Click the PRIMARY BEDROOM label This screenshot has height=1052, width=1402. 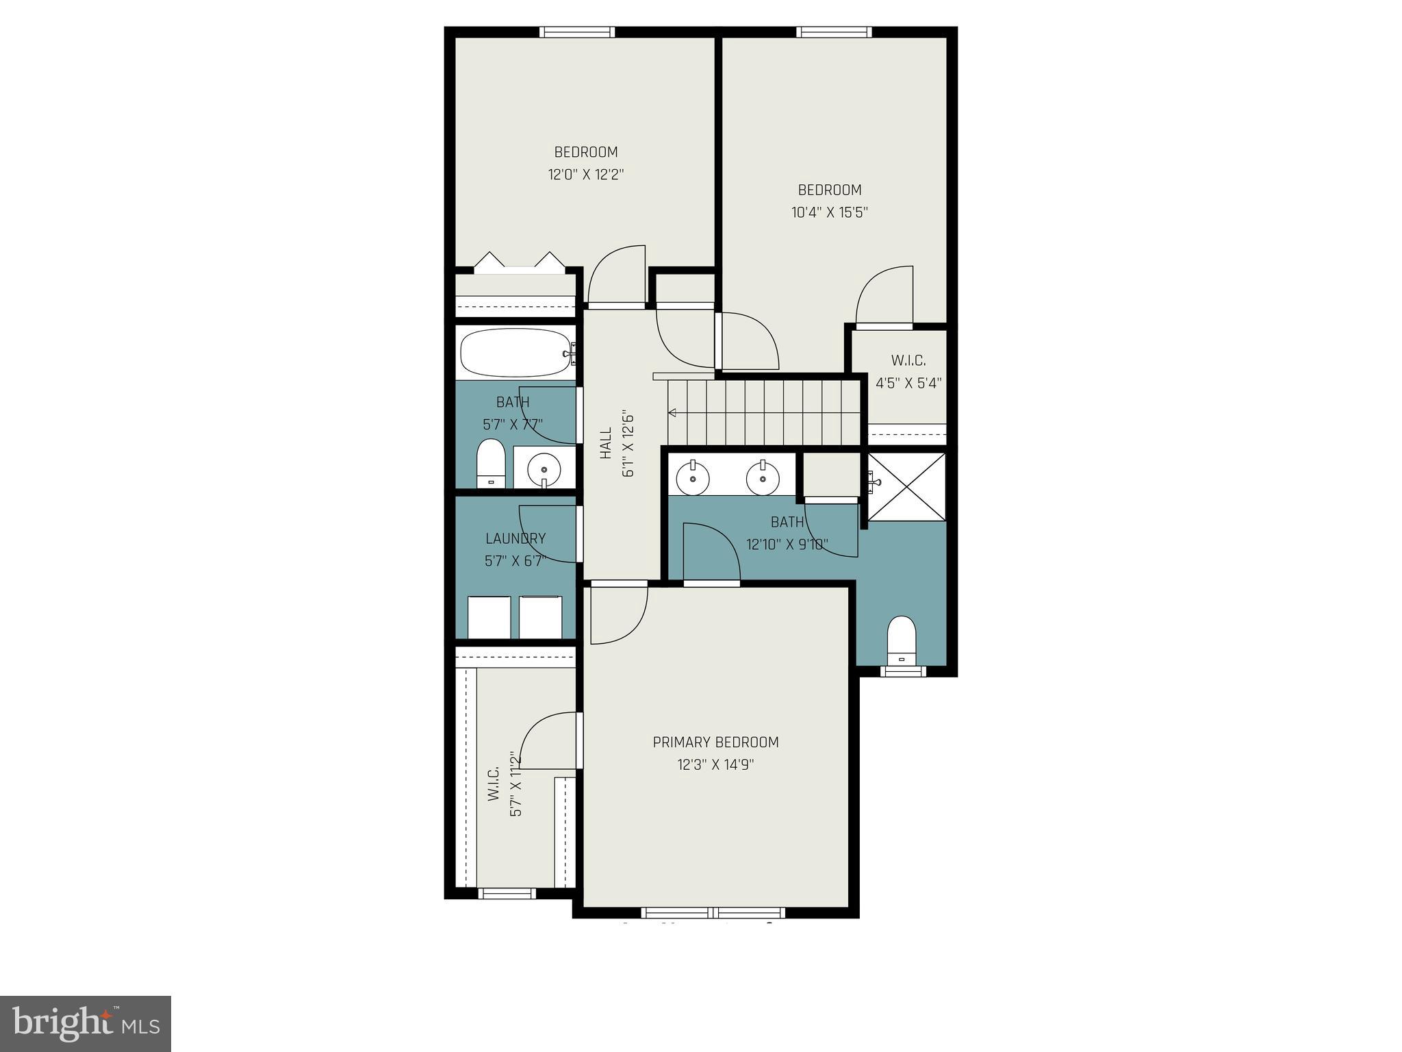715,742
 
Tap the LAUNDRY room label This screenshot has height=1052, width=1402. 515,539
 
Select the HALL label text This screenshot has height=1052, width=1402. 606,443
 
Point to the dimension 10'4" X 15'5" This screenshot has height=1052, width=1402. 830,212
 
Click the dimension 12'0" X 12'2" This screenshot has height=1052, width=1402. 586,175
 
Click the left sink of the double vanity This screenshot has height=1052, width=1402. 693,477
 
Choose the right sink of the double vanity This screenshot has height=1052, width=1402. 762,477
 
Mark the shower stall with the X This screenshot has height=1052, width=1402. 906,486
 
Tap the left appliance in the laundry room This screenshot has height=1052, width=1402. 489,617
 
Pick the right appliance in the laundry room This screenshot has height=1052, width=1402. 541,617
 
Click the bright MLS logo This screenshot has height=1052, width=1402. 86,1023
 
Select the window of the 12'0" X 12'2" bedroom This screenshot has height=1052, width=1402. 576,32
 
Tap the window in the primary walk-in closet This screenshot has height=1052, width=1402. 507,893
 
